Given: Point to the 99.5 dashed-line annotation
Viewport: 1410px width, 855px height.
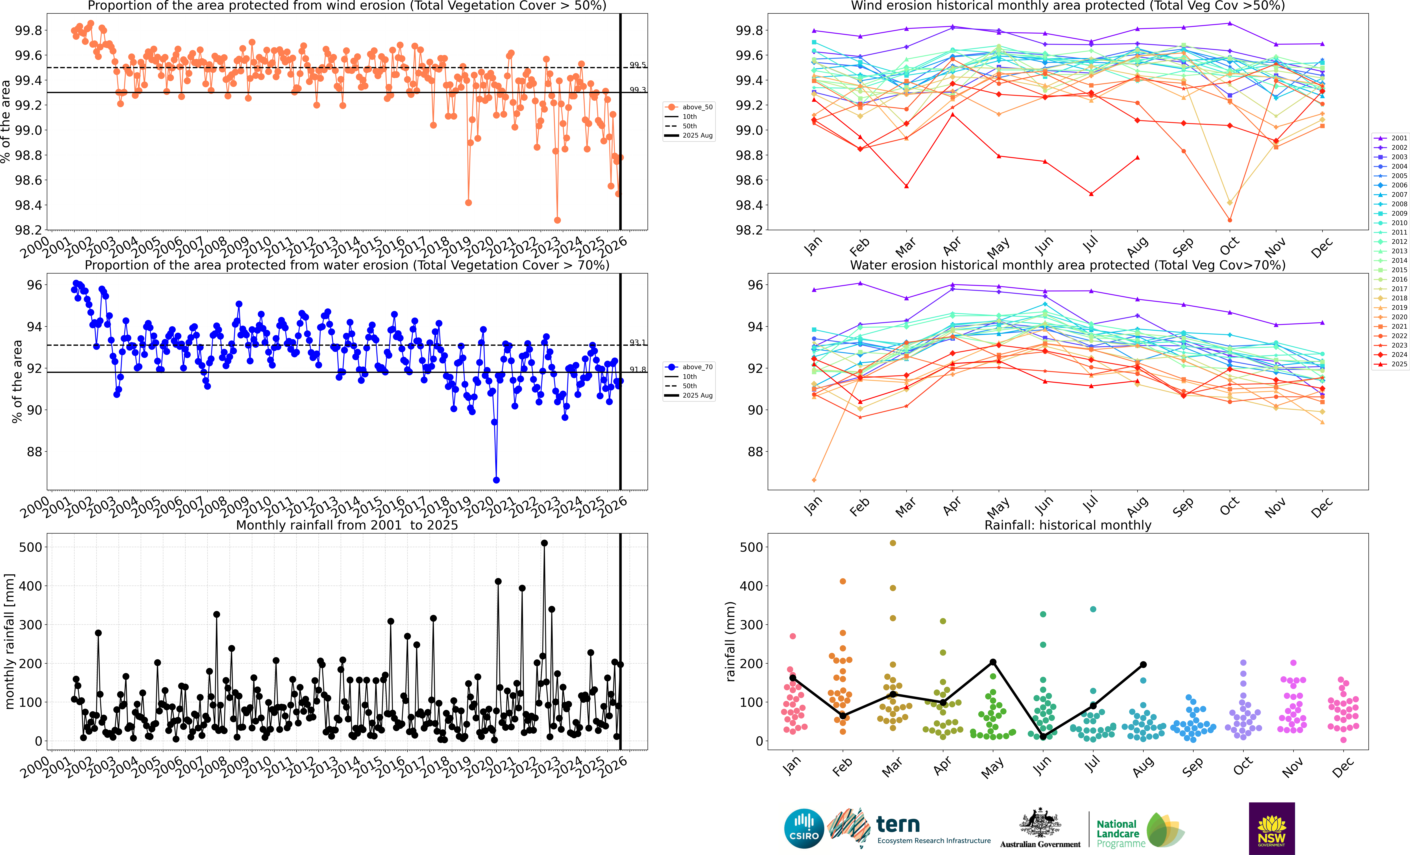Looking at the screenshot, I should [x=637, y=65].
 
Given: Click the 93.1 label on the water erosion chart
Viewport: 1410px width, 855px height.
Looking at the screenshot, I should [x=637, y=343].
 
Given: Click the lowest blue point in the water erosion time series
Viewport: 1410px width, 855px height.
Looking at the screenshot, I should [x=496, y=480].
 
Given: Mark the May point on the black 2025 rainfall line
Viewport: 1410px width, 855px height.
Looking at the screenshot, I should [x=993, y=662].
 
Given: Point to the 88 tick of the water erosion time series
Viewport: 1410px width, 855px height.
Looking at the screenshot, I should [x=34, y=452].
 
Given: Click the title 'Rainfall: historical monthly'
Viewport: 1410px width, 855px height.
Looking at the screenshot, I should [x=1067, y=525].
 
